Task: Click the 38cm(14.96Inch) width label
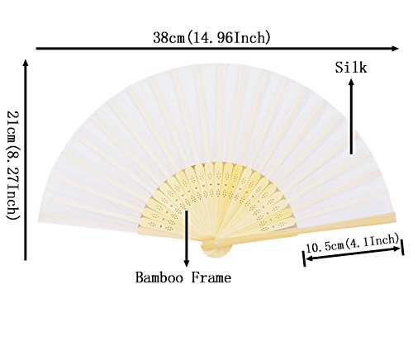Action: click(x=211, y=37)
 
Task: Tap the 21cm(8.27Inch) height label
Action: click(x=13, y=165)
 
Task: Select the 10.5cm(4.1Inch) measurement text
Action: click(x=353, y=244)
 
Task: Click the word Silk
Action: click(x=351, y=68)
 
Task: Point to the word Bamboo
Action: click(x=159, y=277)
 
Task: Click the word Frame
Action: click(x=211, y=277)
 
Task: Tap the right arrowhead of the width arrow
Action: click(x=395, y=49)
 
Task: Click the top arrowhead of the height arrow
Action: click(x=26, y=63)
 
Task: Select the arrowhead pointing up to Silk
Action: click(x=351, y=83)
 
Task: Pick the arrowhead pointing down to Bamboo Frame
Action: click(x=187, y=263)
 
